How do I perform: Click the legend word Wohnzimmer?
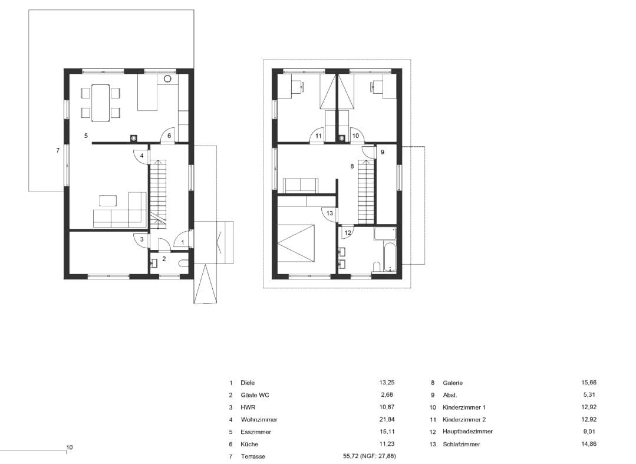[x=259, y=420]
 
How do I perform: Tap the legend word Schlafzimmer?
[x=461, y=445]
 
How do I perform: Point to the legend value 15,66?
[x=589, y=383]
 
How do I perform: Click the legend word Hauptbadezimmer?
[x=467, y=432]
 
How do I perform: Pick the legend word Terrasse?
[x=253, y=457]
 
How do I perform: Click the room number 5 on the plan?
[x=85, y=136]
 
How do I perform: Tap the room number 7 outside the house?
[x=58, y=151]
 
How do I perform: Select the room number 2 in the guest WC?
[x=164, y=259]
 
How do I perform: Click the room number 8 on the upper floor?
[x=352, y=167]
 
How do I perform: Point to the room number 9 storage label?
[x=382, y=153]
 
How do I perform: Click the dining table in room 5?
[x=101, y=103]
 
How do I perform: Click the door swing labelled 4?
[x=141, y=156]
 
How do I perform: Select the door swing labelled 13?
[x=329, y=213]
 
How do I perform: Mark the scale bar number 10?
[x=70, y=447]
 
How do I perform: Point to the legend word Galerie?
[x=453, y=383]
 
